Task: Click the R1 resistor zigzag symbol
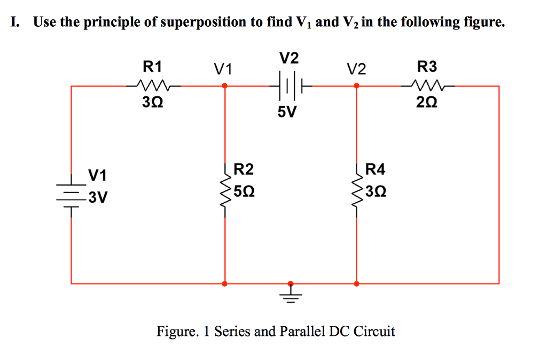coord(152,85)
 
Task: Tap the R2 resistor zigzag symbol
coord(225,190)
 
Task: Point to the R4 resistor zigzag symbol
coord(356,190)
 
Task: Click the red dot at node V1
coord(225,85)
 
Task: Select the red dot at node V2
coord(356,85)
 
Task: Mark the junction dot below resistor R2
coord(225,283)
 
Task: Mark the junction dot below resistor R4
coord(356,283)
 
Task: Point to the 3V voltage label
coord(98,198)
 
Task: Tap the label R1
coord(152,67)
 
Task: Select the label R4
coord(374,170)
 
